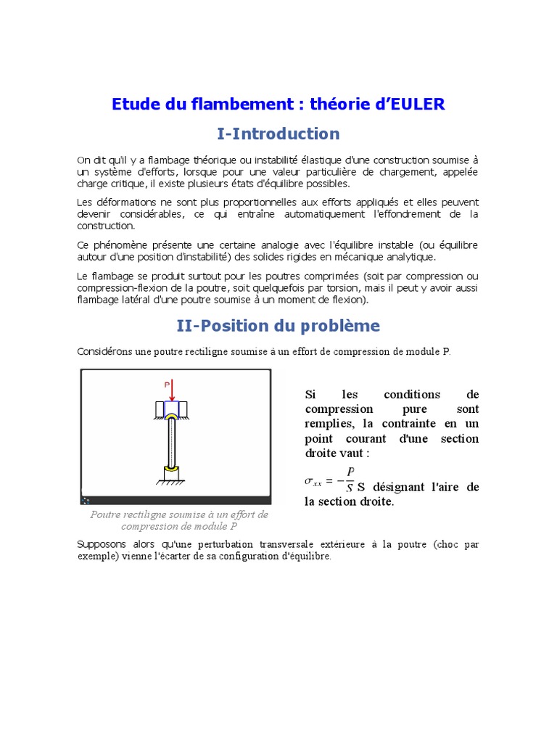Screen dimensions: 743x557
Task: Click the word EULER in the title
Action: tap(417, 104)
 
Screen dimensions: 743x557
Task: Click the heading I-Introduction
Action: tap(278, 134)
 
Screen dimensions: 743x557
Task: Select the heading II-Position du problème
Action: tap(278, 326)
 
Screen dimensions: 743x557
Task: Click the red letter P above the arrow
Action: tap(167, 385)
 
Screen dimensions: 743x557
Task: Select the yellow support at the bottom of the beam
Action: tap(172, 469)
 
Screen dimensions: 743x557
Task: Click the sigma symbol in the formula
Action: tap(310, 480)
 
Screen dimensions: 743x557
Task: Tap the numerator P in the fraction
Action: tap(350, 472)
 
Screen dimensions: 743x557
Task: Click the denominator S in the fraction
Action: tap(350, 488)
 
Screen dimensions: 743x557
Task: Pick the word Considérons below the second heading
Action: tap(104, 352)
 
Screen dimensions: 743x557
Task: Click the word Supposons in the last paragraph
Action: tap(101, 544)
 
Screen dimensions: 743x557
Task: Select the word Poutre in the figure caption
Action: tap(106, 514)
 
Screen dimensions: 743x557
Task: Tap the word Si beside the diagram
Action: tap(310, 395)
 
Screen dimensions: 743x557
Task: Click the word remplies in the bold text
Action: tap(328, 424)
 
